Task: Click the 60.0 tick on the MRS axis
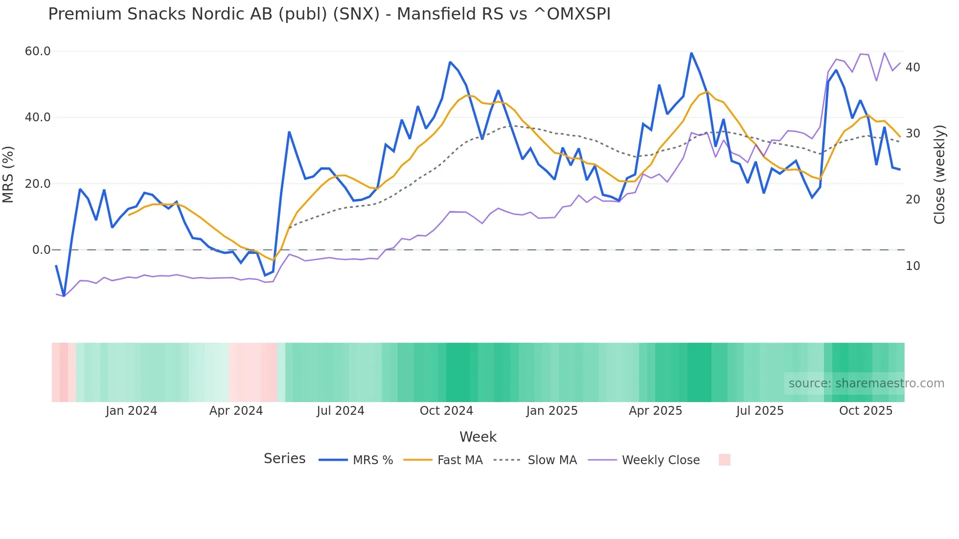coord(38,51)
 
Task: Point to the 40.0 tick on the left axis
coord(38,117)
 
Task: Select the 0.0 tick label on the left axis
coord(42,250)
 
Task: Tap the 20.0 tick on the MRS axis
coord(38,184)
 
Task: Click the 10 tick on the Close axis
coord(913,266)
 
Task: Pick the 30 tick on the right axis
coord(913,134)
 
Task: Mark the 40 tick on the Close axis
coord(913,67)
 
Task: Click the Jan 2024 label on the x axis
coord(131,411)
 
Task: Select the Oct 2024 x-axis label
coord(446,411)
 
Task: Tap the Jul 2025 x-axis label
coord(760,411)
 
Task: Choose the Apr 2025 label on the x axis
coord(656,411)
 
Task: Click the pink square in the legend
coord(725,460)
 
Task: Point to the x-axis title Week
coord(478,437)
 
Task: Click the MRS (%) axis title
coord(8,174)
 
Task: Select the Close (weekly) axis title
coord(939,175)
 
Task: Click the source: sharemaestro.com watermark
coord(866,383)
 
